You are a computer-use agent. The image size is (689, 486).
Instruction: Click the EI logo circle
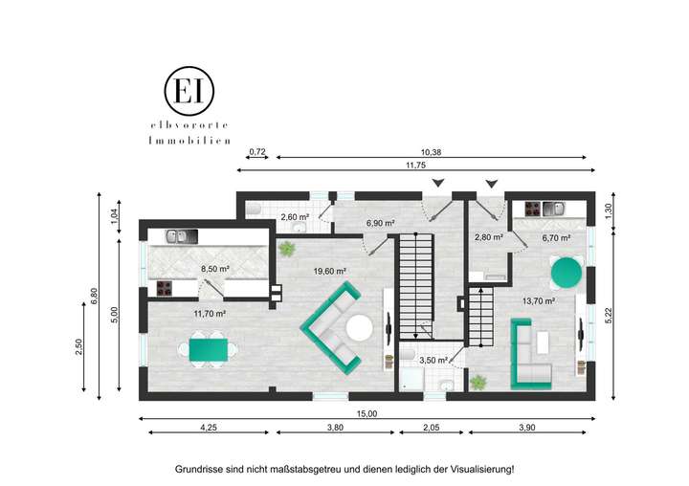coord(189,90)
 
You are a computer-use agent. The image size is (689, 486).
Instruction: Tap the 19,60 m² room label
coord(329,271)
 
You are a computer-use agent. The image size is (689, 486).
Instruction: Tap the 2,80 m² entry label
coord(489,236)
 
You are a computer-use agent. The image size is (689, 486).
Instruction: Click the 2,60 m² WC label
coord(294,217)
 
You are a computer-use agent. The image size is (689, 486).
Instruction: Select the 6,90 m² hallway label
coord(382,223)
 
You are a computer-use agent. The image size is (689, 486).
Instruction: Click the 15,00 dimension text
coord(367,413)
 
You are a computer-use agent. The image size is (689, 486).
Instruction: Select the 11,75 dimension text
coord(415,166)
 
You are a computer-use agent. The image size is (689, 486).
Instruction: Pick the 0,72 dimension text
coord(256,152)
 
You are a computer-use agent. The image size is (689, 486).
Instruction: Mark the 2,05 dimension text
coord(432,428)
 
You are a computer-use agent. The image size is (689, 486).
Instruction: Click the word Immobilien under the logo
coord(189,141)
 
